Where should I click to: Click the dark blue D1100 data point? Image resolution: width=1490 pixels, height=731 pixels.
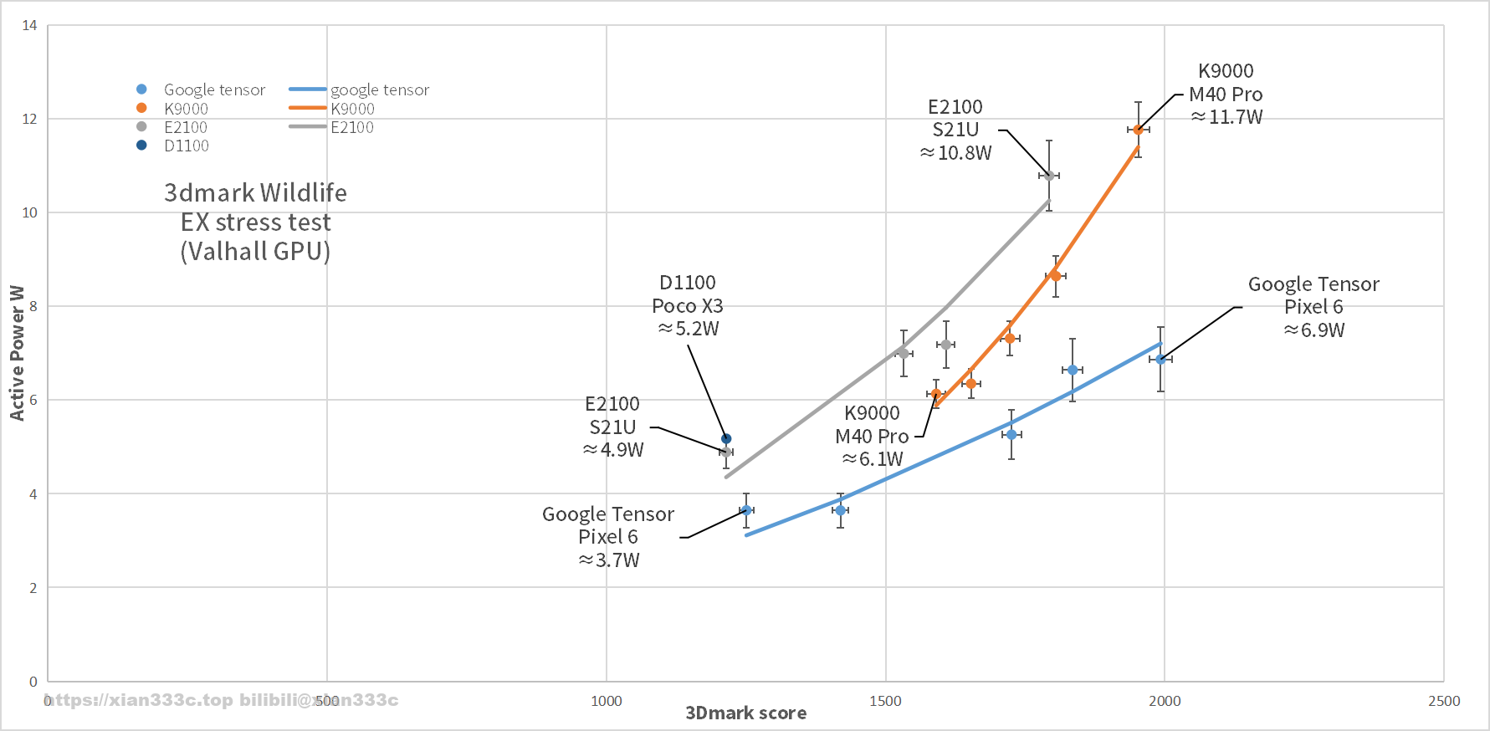coord(726,439)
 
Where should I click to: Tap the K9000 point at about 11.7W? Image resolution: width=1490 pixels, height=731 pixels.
coord(1138,130)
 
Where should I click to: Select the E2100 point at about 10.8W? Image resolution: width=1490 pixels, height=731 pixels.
coord(1049,176)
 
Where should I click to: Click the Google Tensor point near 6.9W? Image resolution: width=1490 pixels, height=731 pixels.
coord(1160,359)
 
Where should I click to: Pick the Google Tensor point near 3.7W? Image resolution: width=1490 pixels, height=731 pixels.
coord(746,510)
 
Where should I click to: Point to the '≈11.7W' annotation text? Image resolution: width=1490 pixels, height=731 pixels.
coord(1226,117)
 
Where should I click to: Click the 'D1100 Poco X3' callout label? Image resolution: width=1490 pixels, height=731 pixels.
coord(688,294)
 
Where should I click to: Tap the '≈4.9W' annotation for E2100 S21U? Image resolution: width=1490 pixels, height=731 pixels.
coord(613,450)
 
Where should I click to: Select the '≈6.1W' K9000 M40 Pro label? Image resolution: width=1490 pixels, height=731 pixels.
coord(873,459)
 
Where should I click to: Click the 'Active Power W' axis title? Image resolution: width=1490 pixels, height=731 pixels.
coord(17,352)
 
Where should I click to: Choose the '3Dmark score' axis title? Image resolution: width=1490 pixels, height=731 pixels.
coord(745,713)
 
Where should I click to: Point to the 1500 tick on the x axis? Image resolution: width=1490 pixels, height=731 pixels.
coord(885,701)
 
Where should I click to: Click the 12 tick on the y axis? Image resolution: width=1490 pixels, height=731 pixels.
coord(29,119)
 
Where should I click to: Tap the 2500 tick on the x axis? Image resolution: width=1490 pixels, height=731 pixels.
coord(1444,701)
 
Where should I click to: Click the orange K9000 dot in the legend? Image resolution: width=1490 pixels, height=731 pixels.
coord(141,108)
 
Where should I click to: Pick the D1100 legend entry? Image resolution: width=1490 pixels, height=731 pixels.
coord(186,146)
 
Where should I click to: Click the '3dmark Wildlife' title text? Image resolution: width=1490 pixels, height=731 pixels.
coord(255,193)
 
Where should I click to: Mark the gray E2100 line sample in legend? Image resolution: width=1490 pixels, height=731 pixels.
coord(307,126)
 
